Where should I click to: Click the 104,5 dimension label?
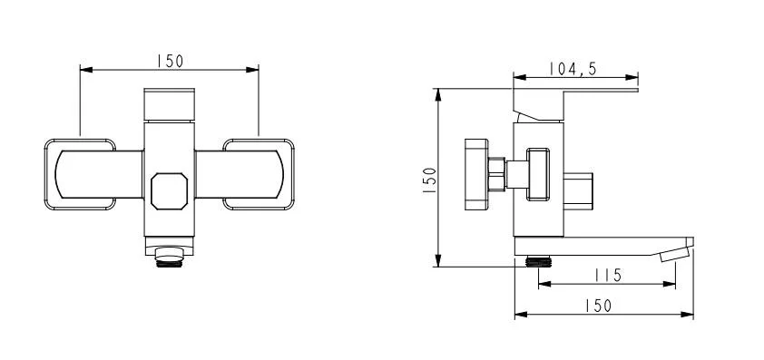(x=573, y=69)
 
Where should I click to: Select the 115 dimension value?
(x=608, y=276)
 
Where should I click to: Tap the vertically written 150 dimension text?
(x=430, y=180)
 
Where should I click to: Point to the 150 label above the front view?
(x=170, y=61)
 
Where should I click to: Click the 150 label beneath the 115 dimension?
(x=598, y=306)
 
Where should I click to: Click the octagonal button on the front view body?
(x=169, y=191)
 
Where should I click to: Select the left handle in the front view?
(x=93, y=174)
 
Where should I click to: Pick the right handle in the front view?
(x=245, y=174)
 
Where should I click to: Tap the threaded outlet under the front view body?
(x=169, y=257)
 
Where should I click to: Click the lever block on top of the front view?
(x=169, y=103)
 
